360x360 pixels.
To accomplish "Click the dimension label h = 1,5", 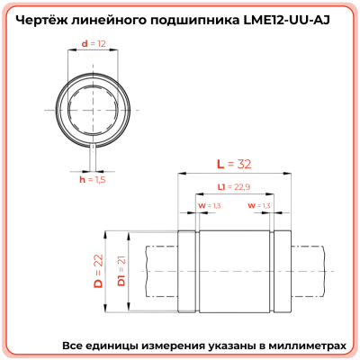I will (x=93, y=180).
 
